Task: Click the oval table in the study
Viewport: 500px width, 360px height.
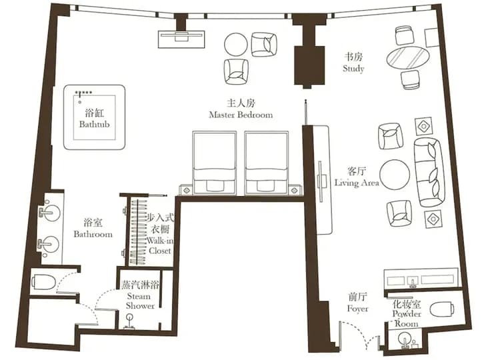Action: pyautogui.click(x=407, y=57)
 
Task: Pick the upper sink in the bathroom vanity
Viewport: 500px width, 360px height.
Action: pyautogui.click(x=48, y=213)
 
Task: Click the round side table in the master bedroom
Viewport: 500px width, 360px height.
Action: pyautogui.click(x=236, y=45)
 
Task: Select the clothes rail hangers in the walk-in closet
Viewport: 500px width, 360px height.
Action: pyautogui.click(x=138, y=227)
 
